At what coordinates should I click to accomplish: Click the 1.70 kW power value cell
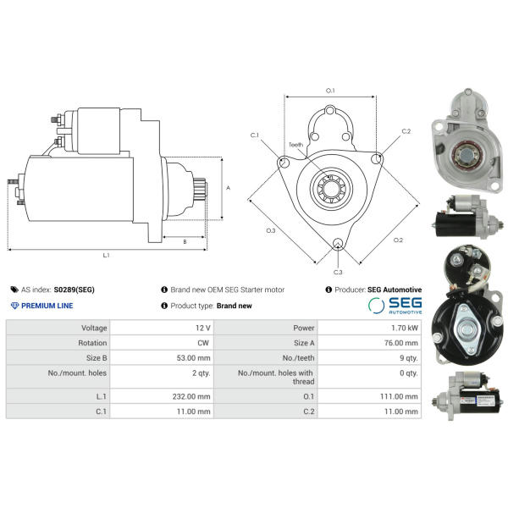coord(405,328)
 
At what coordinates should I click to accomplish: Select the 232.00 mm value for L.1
coord(191,396)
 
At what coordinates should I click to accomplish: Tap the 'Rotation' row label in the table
coord(92,343)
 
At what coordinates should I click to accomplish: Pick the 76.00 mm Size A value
coord(401,343)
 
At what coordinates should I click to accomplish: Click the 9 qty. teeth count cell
coord(409,358)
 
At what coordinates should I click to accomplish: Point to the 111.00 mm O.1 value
coord(399,396)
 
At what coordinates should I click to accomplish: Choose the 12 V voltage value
coord(203,328)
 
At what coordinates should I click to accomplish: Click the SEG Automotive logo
coord(395,305)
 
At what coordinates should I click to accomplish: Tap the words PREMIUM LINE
coord(47,306)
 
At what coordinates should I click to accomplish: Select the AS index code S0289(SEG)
coord(75,290)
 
